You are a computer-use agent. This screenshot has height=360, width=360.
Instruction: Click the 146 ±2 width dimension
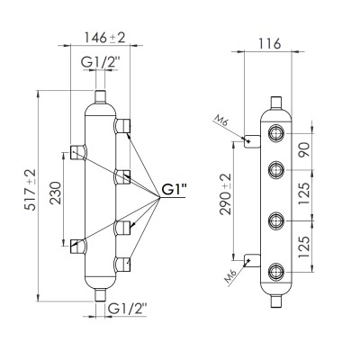coord(101,37)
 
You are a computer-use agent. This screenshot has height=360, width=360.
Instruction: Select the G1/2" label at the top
coord(100,62)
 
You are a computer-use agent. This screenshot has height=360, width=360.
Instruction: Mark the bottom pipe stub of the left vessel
coord(100,292)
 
